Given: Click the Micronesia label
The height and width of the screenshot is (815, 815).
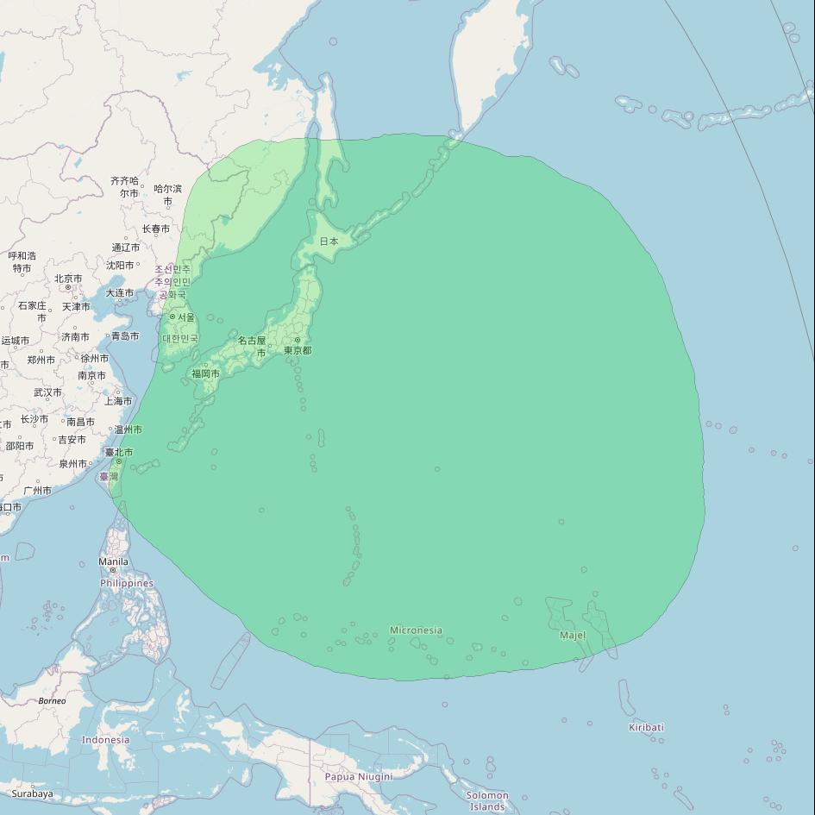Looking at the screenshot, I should click(x=416, y=630).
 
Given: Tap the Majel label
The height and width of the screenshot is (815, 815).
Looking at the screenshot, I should click(x=573, y=636).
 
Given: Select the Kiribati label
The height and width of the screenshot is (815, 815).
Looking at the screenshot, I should click(x=646, y=727).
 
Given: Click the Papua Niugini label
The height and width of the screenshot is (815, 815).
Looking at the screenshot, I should click(x=358, y=776).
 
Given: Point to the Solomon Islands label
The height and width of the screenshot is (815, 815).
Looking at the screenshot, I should click(x=487, y=800).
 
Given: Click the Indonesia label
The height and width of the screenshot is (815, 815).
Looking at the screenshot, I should click(x=105, y=739).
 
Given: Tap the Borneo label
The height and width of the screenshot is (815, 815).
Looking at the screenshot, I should click(x=52, y=700).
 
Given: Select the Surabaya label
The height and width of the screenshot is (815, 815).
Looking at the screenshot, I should click(x=32, y=793).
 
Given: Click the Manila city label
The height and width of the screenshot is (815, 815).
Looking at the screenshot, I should click(x=113, y=561).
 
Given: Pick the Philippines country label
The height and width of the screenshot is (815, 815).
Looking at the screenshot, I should click(x=127, y=583).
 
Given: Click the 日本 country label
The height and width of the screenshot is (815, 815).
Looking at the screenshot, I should click(x=329, y=241).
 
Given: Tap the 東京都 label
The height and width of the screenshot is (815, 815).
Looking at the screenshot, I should click(x=298, y=350).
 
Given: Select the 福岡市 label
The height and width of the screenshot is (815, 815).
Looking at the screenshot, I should click(x=205, y=373).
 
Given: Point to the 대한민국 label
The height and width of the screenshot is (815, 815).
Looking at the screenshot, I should click(x=180, y=339).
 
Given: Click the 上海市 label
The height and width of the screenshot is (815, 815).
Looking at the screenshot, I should click(x=118, y=401).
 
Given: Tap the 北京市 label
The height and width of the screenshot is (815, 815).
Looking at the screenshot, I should click(x=68, y=279).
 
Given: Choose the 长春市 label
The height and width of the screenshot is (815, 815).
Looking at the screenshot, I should click(x=155, y=229).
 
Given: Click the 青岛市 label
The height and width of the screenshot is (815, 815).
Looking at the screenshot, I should click(x=124, y=335).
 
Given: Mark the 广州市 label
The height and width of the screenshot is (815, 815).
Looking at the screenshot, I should click(x=37, y=491).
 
